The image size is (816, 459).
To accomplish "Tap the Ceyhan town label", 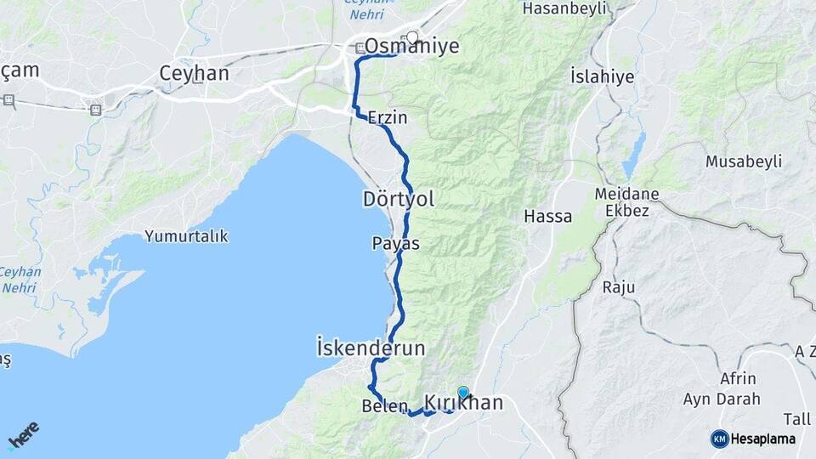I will click(194, 74).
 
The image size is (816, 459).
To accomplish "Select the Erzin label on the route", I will click(386, 121).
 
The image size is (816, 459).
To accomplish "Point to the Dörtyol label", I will click(398, 200).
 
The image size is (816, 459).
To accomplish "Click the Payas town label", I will click(395, 243).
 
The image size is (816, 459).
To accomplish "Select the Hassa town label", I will click(548, 216).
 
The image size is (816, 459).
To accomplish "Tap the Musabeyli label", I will click(745, 161).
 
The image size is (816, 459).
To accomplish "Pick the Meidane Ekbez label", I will click(627, 201).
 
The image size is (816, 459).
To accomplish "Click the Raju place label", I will click(618, 287).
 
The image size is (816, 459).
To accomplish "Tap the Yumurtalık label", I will click(186, 236).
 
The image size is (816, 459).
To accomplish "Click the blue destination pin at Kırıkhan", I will click(463, 393).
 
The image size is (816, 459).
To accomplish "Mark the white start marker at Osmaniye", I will click(413, 37).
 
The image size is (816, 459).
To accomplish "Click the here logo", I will click(23, 435).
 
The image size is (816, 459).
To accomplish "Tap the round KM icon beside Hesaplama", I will click(719, 439).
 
